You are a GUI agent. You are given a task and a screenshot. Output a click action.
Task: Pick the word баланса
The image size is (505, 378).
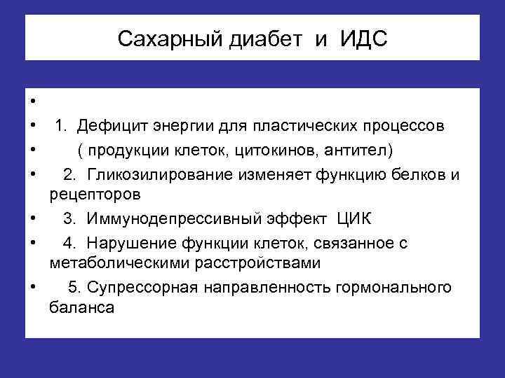click(81, 307)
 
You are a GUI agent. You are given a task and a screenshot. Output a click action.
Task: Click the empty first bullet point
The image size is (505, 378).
click(33, 104)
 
